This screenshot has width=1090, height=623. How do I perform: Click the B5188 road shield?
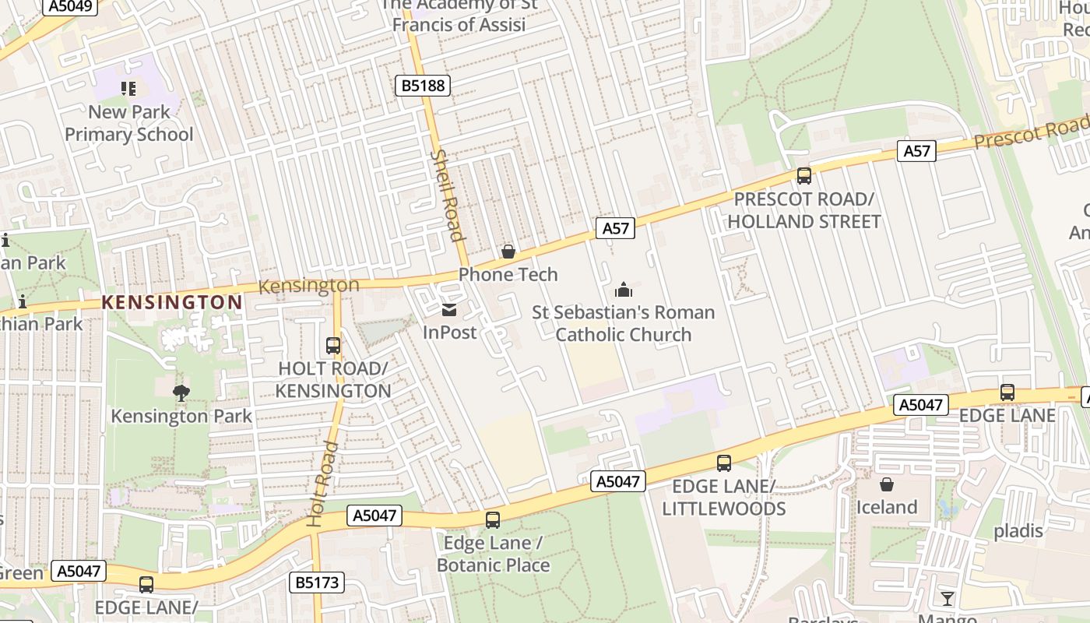[x=424, y=85]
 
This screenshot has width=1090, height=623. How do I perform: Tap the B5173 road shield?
[x=318, y=582]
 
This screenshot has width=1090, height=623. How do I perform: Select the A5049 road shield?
[x=71, y=6]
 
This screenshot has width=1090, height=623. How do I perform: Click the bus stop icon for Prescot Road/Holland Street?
[x=804, y=176]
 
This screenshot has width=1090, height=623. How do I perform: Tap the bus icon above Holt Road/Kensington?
[x=333, y=345]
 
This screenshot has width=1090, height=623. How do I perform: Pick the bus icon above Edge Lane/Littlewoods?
[x=724, y=463]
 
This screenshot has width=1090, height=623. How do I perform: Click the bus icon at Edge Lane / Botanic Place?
[x=493, y=519]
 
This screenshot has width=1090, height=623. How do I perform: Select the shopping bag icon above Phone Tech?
[x=508, y=251]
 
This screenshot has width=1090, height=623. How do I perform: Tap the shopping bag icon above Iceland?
[x=886, y=484]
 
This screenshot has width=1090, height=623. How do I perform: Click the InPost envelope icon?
[x=449, y=310]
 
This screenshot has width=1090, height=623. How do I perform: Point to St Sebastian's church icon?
[x=624, y=290]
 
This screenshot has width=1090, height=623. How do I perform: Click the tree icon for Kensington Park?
[x=181, y=392]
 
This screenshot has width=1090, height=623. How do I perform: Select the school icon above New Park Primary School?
[x=128, y=89]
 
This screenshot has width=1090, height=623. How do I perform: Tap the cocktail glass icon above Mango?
[x=947, y=598]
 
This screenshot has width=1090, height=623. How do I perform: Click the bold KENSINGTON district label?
[x=172, y=302]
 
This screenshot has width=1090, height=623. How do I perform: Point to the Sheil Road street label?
[x=448, y=195]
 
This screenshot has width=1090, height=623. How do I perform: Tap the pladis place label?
[x=1018, y=531]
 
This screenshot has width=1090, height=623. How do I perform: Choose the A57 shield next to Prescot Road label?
[x=916, y=151]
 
